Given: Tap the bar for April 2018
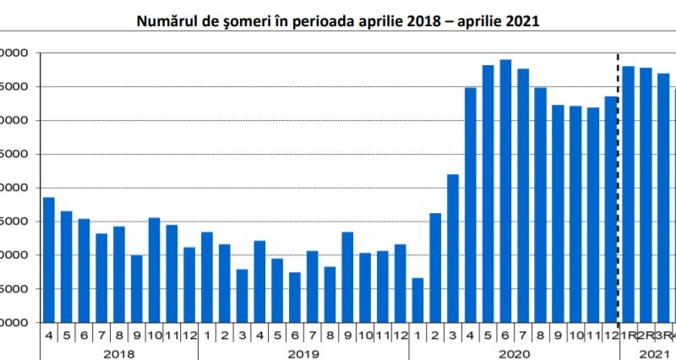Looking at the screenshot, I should (x=48, y=259).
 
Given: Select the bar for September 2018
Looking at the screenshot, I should (x=136, y=288).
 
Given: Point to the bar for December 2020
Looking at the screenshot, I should (x=611, y=210).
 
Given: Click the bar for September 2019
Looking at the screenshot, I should (x=347, y=277).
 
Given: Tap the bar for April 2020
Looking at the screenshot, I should (x=471, y=205).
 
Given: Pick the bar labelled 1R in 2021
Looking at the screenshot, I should (x=629, y=194).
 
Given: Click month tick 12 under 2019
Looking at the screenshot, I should (x=400, y=335).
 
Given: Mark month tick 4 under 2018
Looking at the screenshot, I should (x=48, y=335).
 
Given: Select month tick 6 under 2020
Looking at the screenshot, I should (x=505, y=335).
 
